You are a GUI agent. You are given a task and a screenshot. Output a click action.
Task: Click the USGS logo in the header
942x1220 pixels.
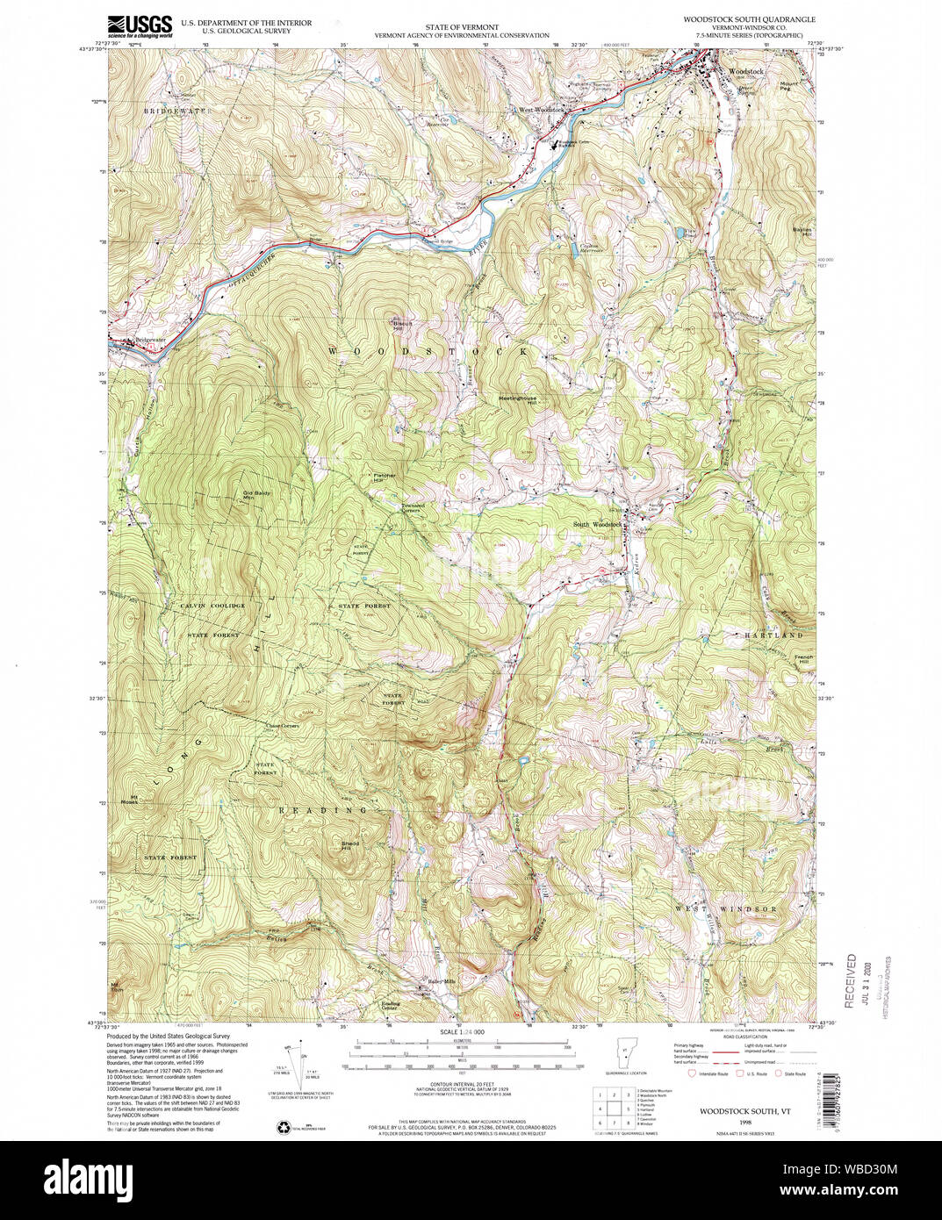click(139, 25)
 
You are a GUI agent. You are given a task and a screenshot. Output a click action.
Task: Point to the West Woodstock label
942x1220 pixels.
click(539, 110)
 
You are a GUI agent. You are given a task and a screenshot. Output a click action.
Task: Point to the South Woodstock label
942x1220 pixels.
click(597, 524)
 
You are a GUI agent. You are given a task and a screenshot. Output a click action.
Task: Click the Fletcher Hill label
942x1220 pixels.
click(384, 478)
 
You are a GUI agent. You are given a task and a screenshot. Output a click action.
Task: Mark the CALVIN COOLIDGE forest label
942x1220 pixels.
click(212, 606)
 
